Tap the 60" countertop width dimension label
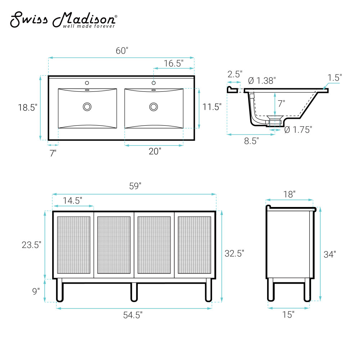coord(122,51)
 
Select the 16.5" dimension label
coord(174,63)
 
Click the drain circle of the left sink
coord(87,107)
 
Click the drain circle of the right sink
coord(154,107)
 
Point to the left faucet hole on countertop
coord(87,83)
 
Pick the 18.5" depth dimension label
coord(28,107)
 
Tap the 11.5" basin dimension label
coord(212,107)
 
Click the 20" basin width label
coord(155,151)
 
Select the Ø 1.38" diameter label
coord(262,81)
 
